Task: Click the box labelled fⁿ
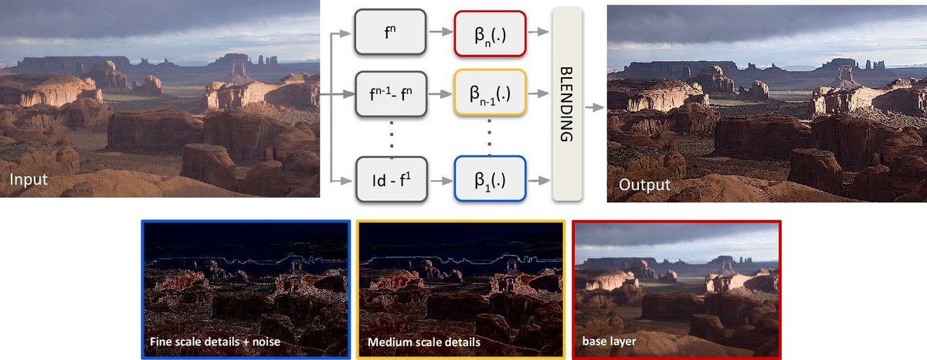390,32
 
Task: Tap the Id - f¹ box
390,179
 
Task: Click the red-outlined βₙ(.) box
491,32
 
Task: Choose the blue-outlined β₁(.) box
491,179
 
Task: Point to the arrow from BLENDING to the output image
594,109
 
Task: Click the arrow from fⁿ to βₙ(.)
440,32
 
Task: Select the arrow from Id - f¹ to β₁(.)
440,180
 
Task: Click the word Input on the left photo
29,180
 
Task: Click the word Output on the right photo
644,185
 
